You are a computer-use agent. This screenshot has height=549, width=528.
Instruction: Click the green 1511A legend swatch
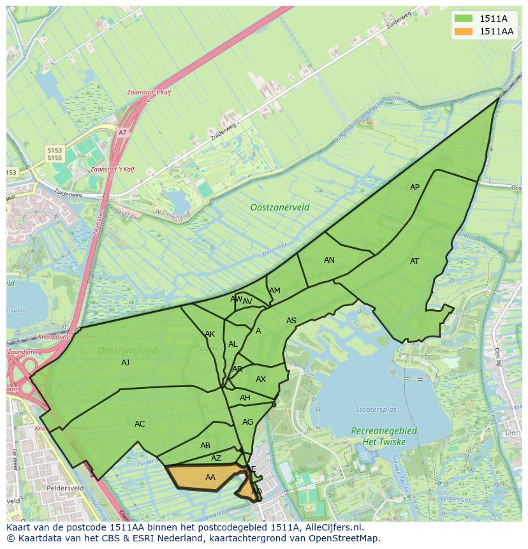tap(463, 18)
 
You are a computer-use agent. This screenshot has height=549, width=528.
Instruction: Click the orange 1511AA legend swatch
tap(463, 31)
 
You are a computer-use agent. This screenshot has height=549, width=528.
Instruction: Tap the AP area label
tap(415, 187)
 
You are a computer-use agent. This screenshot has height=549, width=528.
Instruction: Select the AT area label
tap(415, 261)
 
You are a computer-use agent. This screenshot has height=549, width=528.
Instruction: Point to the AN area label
tap(329, 260)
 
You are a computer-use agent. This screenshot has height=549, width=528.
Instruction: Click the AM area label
tap(275, 291)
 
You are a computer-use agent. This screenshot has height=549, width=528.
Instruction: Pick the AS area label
tap(291, 321)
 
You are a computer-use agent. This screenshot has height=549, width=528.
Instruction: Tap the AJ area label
tap(126, 363)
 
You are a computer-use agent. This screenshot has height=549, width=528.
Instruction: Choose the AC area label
tap(140, 424)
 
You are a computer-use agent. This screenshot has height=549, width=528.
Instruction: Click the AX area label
tap(261, 379)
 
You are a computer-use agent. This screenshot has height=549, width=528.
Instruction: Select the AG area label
tap(248, 422)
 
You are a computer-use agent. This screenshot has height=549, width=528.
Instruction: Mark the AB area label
tap(205, 446)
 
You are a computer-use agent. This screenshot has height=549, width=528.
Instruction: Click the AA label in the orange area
tap(210, 477)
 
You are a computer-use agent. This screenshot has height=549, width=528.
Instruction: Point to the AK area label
tap(210, 334)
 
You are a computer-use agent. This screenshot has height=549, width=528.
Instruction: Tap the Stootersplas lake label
tap(376, 409)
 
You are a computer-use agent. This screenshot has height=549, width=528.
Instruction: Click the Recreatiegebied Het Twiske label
tap(384, 436)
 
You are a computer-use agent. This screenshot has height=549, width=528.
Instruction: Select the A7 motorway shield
tap(122, 133)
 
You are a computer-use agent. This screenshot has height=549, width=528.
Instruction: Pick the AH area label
tap(245, 398)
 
